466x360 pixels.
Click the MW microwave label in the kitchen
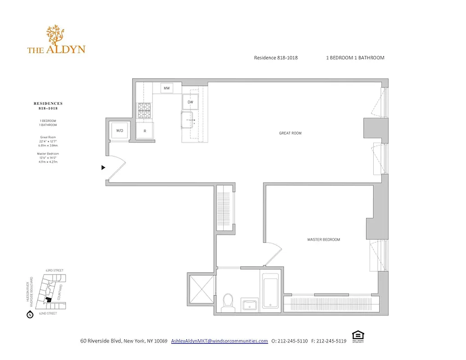pos(166,88)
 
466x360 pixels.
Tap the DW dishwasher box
pos(190,102)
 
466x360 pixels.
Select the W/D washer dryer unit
pos(120,130)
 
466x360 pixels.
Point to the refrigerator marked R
pos(145,130)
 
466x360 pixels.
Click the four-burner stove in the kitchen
pos(145,111)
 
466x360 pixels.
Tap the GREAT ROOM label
pos(290,133)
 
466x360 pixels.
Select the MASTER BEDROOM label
pos(323,239)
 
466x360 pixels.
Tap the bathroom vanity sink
pos(249,305)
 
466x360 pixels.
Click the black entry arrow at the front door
pos(103,167)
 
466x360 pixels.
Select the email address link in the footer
pos(219,341)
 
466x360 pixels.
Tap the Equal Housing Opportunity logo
pos(358,336)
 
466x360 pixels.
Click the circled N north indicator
pos(30,315)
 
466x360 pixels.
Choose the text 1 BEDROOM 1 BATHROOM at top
pos(355,58)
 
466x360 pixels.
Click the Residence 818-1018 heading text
pos(276,58)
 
